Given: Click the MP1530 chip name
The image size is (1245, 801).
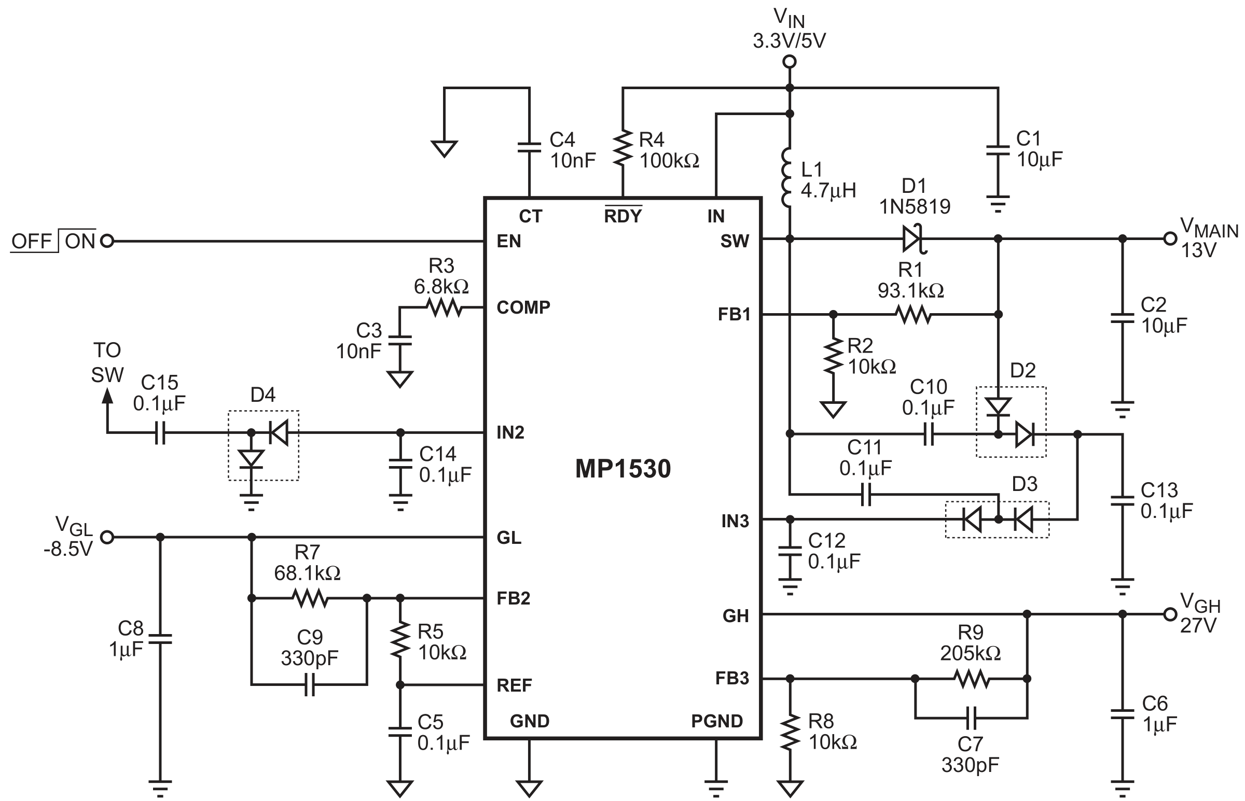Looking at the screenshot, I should [623, 469].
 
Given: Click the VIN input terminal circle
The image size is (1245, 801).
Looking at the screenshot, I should [789, 62].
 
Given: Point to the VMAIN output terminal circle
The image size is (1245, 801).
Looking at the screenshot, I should [1170, 238].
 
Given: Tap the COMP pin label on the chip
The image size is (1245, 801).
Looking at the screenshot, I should [523, 307].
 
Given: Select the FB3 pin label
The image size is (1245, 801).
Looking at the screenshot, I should [732, 678].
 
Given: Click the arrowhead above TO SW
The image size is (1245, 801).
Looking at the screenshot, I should [107, 396].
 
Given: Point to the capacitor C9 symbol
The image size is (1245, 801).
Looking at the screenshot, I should [310, 684].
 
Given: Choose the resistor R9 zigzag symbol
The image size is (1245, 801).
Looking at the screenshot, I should [972, 678].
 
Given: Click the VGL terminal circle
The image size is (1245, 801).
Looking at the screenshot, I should [107, 537].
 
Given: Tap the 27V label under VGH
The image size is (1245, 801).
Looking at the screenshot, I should [1198, 625].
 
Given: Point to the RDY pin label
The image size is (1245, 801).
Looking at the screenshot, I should [623, 216].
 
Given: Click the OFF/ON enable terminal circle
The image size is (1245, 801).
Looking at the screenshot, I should [107, 241].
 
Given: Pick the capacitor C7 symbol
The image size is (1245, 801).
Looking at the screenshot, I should [971, 718].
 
